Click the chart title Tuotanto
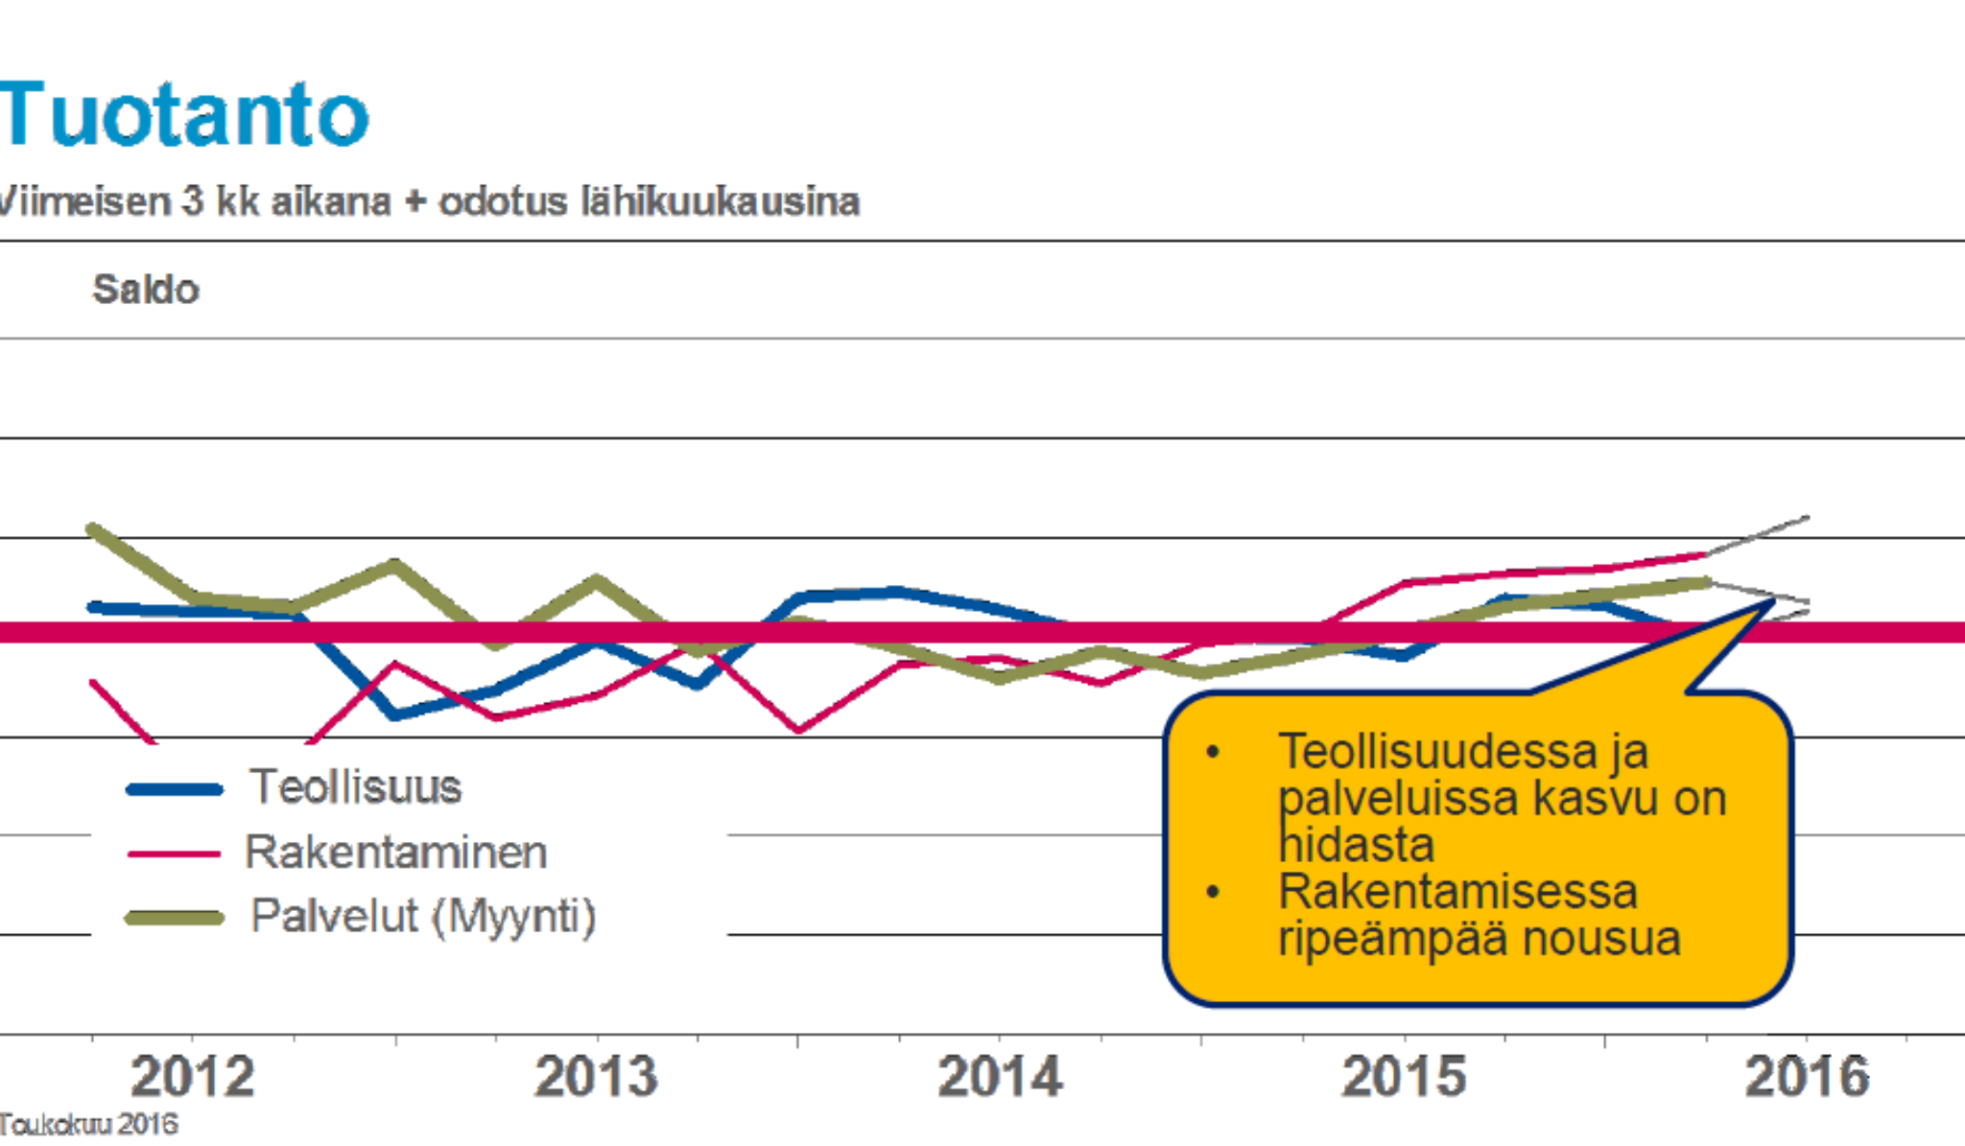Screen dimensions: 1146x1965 (184, 115)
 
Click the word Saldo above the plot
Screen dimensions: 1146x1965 (146, 290)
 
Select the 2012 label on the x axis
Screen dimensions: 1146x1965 (193, 1076)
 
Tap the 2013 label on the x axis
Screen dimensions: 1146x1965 (597, 1076)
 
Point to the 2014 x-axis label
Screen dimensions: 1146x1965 (1001, 1076)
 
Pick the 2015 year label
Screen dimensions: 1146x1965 (1405, 1076)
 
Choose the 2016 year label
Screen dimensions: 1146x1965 (1808, 1076)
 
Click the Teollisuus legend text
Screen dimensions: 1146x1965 (356, 787)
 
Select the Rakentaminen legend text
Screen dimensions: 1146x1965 (396, 853)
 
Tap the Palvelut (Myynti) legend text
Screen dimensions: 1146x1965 (423, 916)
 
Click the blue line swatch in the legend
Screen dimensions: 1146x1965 (175, 790)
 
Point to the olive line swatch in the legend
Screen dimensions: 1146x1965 (175, 919)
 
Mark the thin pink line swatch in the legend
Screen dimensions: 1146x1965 (175, 854)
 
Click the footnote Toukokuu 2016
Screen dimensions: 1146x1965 (89, 1124)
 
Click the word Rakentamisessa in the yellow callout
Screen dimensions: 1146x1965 (1457, 891)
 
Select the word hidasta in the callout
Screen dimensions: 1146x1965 (1357, 845)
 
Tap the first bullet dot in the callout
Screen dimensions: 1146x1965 (1214, 752)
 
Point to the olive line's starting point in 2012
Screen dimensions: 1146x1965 (92, 528)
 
